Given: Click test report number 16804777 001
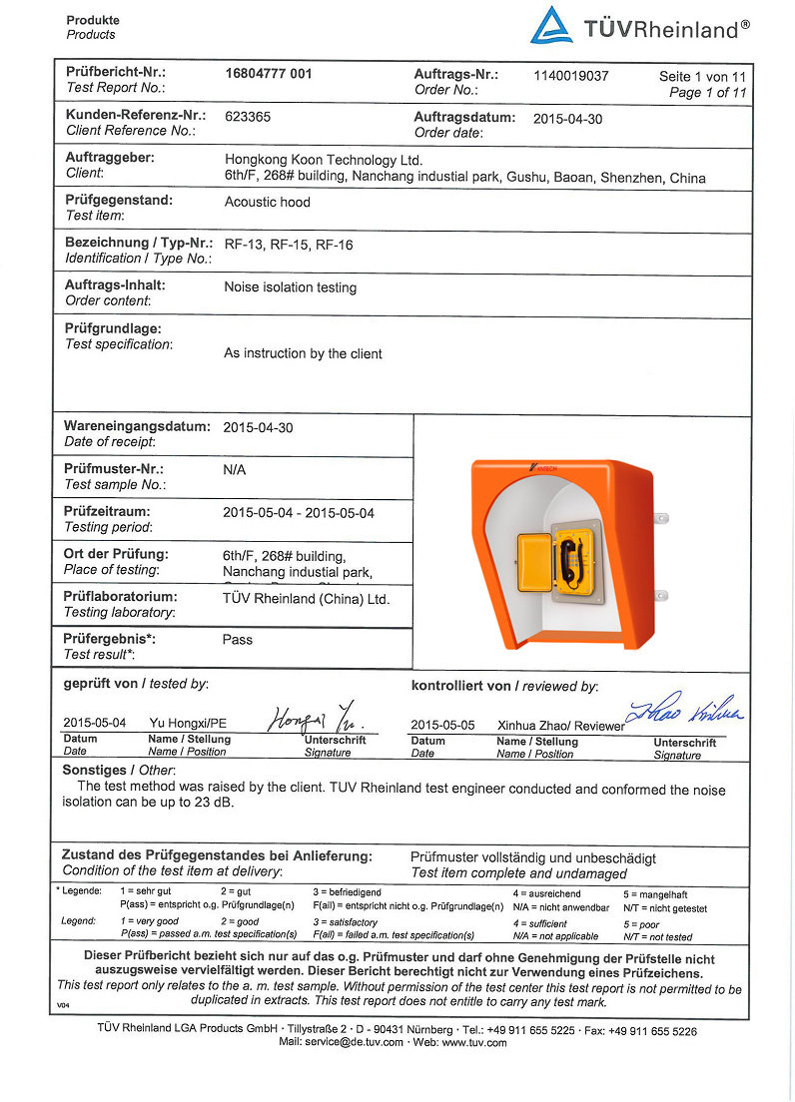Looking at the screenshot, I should tap(269, 73).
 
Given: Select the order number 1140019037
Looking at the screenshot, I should tap(570, 76).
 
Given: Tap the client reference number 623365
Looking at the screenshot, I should tap(248, 116).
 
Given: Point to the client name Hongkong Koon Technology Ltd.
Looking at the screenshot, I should tap(324, 160).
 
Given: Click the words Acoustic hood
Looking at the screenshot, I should tap(267, 202).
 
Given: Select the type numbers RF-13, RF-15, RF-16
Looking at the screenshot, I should tap(289, 245).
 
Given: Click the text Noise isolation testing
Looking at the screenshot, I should tap(290, 287).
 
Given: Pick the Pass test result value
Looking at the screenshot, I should tap(238, 639).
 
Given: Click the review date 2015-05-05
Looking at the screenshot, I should tap(442, 725).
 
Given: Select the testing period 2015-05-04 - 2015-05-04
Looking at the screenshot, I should tap(299, 513).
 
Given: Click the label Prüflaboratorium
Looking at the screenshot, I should tap(120, 596).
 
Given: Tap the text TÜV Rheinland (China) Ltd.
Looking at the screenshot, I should tap(306, 599).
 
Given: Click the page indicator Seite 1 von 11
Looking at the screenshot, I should tap(702, 77).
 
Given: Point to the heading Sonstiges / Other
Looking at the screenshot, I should tap(118, 771).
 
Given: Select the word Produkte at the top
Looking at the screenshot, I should tap(93, 20).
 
